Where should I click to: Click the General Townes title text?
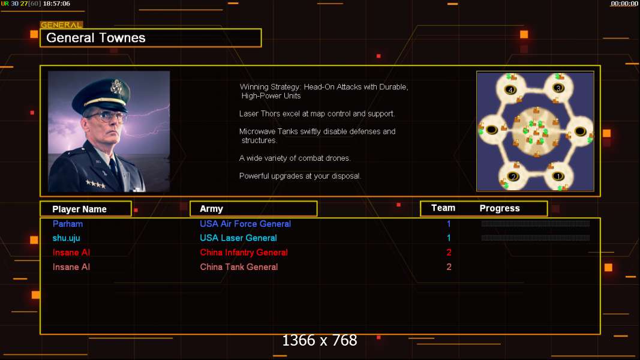(x=95, y=38)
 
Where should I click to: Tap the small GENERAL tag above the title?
(x=61, y=25)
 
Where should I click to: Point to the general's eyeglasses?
(x=107, y=117)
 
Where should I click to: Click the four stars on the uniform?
(x=96, y=184)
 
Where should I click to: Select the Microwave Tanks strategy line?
(x=317, y=136)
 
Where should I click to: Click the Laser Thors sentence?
(x=317, y=114)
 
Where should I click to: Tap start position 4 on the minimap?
(x=510, y=90)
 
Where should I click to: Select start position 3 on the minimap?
(x=558, y=88)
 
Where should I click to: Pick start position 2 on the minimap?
(x=513, y=177)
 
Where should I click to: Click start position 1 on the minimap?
(x=558, y=176)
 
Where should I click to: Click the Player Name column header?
(x=80, y=209)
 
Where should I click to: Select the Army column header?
(x=211, y=209)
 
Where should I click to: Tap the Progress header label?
(x=500, y=209)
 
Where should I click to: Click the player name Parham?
(x=68, y=224)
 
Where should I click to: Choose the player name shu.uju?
(x=66, y=238)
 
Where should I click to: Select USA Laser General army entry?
(x=238, y=238)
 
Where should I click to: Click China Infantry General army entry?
(x=244, y=253)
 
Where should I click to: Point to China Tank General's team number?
(x=449, y=267)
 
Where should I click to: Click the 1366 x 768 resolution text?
(x=320, y=340)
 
